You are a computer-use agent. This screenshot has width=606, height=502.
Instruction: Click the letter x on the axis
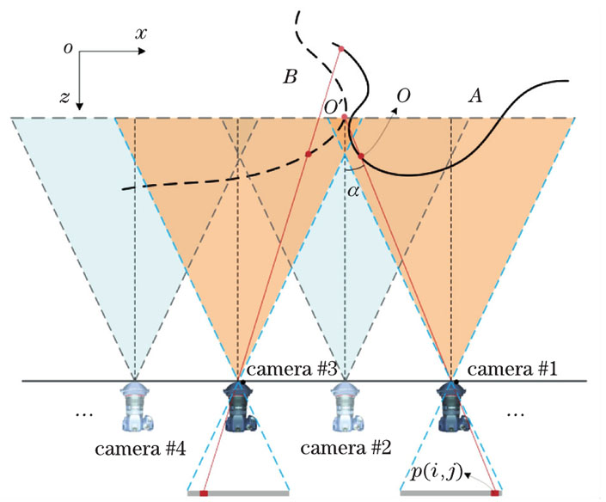coord(141,33)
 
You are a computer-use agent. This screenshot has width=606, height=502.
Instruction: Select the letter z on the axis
coord(63,98)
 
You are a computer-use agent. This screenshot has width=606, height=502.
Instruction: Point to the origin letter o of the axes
coord(67,47)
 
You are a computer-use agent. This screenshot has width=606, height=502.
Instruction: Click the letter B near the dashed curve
coord(290,77)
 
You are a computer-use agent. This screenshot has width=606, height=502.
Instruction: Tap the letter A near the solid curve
coord(471,98)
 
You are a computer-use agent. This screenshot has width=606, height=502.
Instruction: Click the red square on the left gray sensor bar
coord(204,493)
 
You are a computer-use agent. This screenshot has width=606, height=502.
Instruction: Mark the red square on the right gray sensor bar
coord(496,493)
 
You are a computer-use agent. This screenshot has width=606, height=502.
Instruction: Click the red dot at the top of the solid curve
coord(341,48)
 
